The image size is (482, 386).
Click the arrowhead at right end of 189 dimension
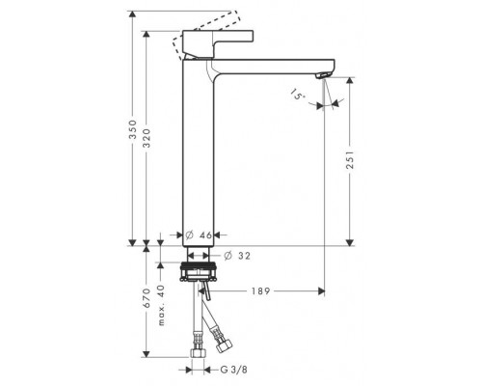[323, 289]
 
